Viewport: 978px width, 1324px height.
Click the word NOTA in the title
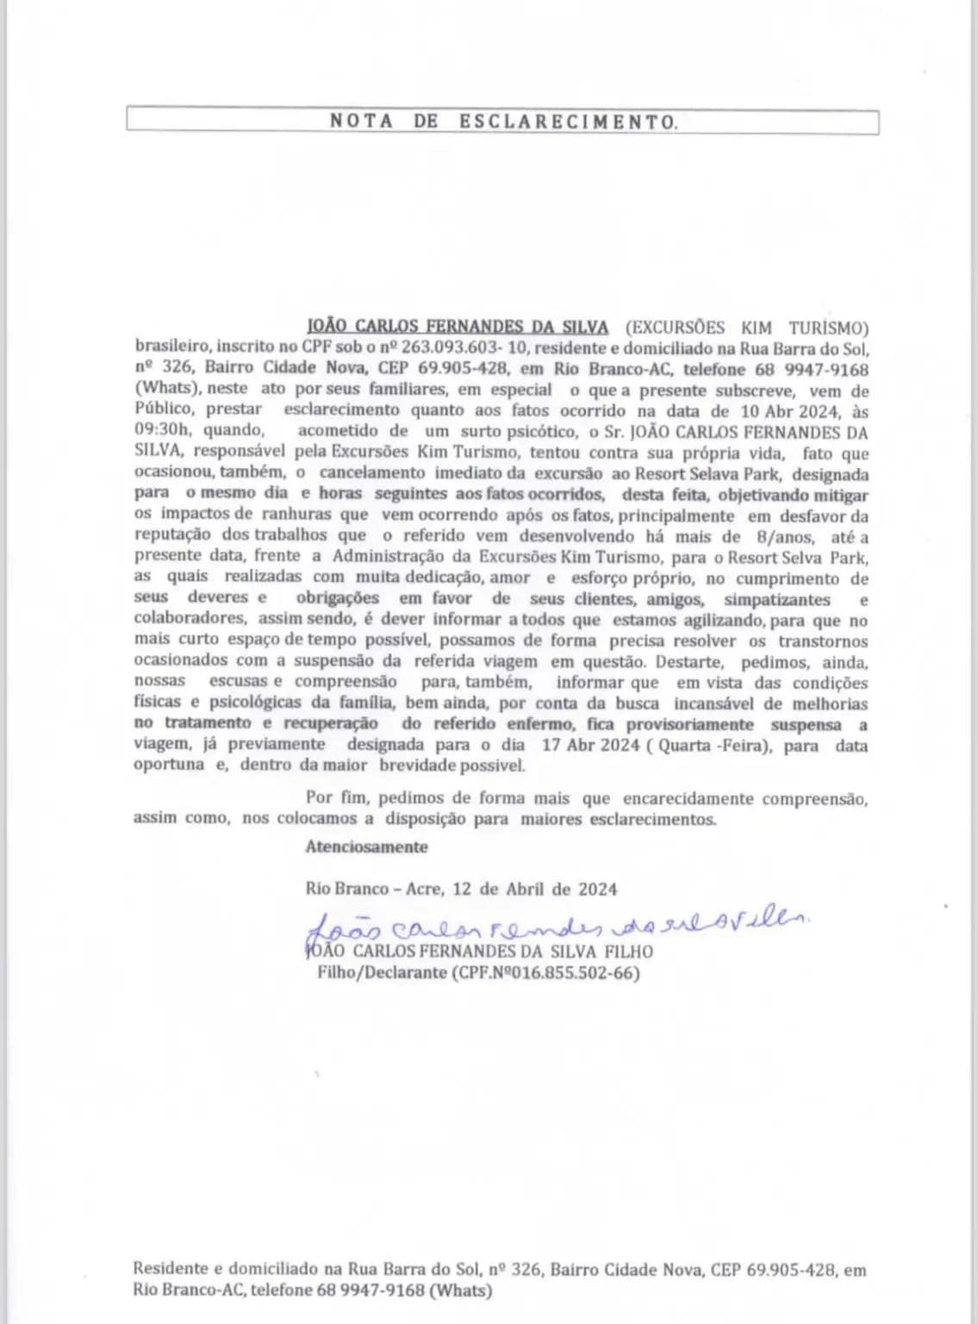pos(362,122)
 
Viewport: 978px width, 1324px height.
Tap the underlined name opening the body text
pos(458,328)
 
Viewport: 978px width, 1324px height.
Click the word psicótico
pos(543,431)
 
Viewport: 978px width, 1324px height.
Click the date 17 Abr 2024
pos(591,745)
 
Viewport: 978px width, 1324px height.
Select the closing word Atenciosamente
pos(366,846)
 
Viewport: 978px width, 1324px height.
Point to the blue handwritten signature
pos(556,926)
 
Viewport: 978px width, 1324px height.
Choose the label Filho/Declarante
pos(381,973)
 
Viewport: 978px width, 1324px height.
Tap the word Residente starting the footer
pos(171,1269)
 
